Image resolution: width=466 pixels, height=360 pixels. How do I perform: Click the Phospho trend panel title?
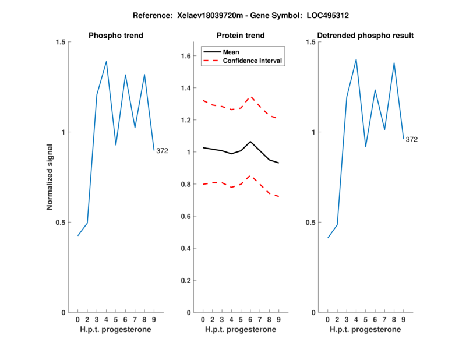coord(115,36)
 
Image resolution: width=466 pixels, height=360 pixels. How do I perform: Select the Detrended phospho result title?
coord(365,36)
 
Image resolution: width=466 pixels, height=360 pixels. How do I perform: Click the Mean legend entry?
coord(231,52)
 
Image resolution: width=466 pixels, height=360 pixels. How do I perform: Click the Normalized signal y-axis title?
coord(50,177)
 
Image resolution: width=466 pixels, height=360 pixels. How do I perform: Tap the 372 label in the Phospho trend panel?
coord(162,151)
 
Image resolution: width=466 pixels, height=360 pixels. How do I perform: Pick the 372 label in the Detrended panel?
coord(411,140)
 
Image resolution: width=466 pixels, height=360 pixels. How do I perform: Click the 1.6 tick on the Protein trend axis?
coord(186,56)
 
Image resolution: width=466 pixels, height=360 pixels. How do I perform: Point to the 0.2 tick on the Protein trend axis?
coord(186,280)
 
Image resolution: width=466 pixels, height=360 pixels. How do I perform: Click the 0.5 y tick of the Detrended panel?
coord(310,223)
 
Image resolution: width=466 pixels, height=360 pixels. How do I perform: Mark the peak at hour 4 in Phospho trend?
coord(107,61)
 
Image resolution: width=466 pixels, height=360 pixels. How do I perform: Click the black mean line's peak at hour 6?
coord(250,141)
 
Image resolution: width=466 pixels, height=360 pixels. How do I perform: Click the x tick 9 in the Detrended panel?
coord(403,319)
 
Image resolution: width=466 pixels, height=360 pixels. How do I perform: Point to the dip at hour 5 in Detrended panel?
coord(366,147)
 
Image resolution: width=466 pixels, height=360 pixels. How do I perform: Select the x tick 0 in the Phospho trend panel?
coord(78,319)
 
